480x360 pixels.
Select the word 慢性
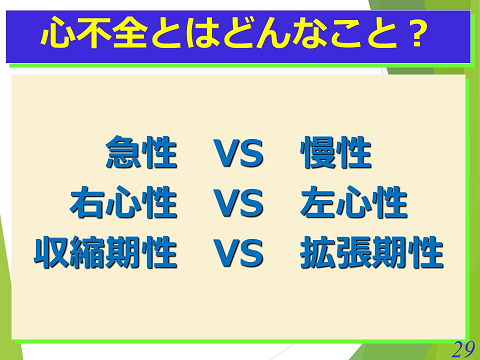tap(337, 155)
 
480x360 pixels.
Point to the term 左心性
tap(354, 204)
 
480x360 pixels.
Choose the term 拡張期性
tap(371, 254)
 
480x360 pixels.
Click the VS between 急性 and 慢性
tap(238, 155)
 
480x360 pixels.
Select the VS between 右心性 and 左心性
tap(238, 204)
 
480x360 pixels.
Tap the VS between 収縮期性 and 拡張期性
tap(238, 254)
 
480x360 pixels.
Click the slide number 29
tap(462, 348)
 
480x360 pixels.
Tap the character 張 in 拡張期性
tap(353, 254)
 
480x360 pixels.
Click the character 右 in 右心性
tap(88, 204)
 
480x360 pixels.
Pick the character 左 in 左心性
tap(319, 204)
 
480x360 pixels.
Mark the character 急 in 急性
tap(123, 155)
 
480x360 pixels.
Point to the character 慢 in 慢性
tap(319, 155)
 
